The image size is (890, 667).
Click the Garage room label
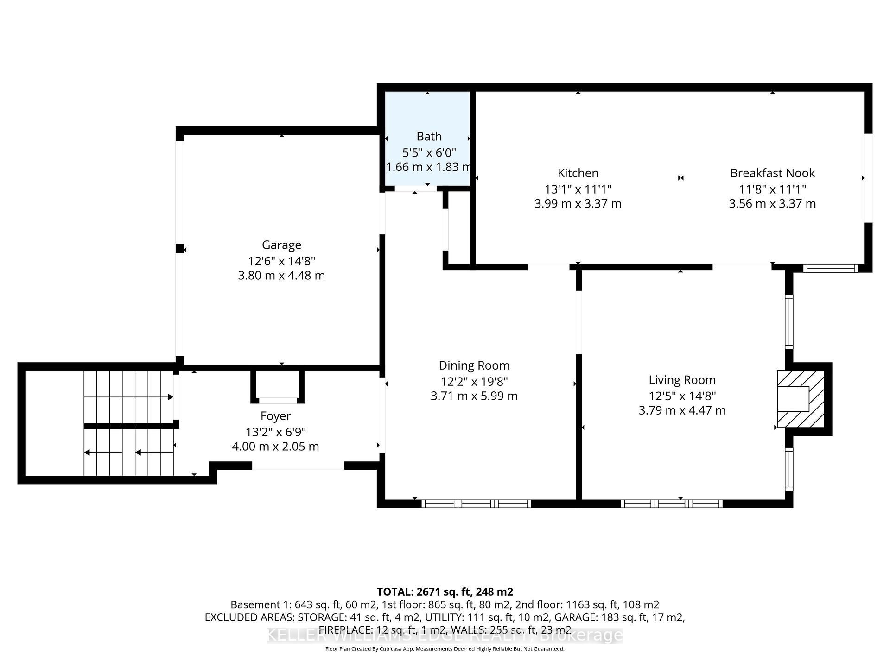pyautogui.click(x=281, y=245)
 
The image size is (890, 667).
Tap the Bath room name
pyautogui.click(x=429, y=136)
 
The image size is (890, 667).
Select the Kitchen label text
pyautogui.click(x=578, y=173)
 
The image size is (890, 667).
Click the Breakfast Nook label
pyautogui.click(x=772, y=173)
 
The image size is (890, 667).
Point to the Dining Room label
pyautogui.click(x=474, y=365)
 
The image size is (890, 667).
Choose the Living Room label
pyautogui.click(x=682, y=380)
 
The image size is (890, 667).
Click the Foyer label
pyautogui.click(x=275, y=416)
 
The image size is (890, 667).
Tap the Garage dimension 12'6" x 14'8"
pyautogui.click(x=281, y=261)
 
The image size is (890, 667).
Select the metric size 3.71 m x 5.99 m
pyautogui.click(x=474, y=396)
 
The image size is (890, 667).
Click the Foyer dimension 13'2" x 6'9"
pyautogui.click(x=275, y=432)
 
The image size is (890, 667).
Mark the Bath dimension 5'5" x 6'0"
pyautogui.click(x=429, y=152)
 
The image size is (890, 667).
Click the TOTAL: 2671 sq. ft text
pyautogui.click(x=445, y=591)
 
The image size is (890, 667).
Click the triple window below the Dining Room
pyautogui.click(x=476, y=503)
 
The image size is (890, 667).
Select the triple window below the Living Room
pyautogui.click(x=671, y=503)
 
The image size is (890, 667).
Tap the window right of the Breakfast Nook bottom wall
pyautogui.click(x=830, y=268)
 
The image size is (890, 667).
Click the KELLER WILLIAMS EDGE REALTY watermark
pyautogui.click(x=445, y=635)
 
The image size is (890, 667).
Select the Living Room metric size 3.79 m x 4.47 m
pyautogui.click(x=682, y=410)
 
